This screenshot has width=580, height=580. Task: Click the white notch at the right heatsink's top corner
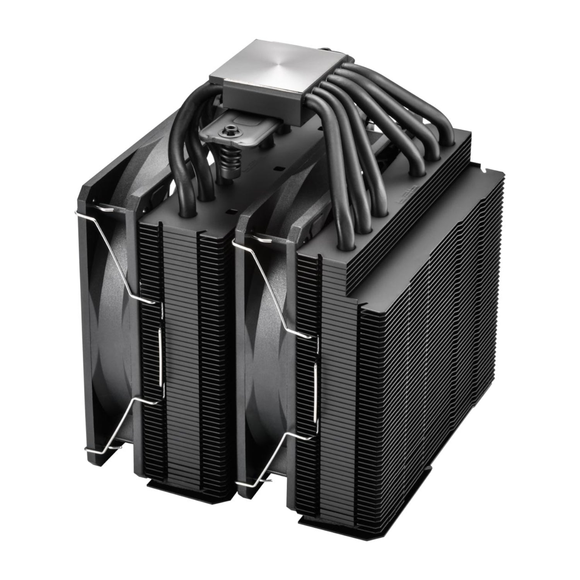[484, 170]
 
